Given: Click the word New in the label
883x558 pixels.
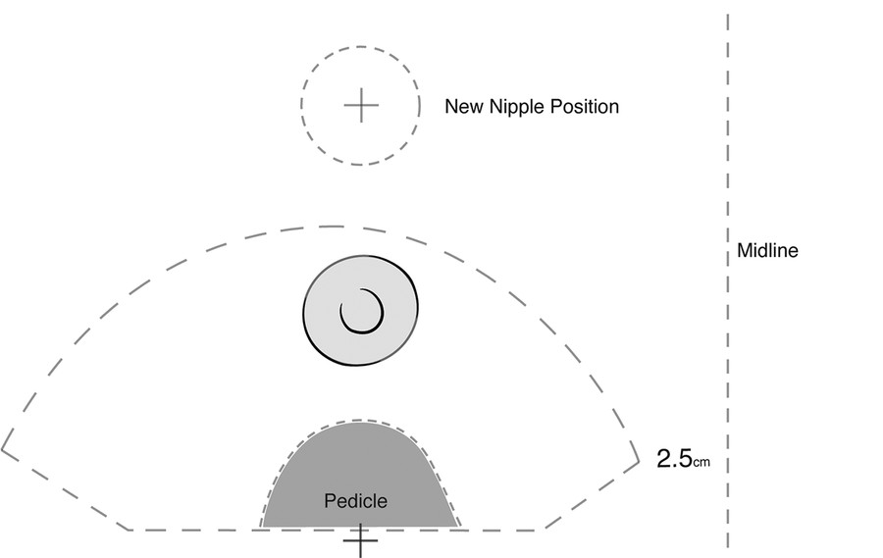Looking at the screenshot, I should tap(463, 106).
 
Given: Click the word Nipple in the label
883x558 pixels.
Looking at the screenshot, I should tap(513, 106).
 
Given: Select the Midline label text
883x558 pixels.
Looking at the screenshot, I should tap(767, 251).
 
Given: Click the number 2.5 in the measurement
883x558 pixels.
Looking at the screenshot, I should tap(674, 456).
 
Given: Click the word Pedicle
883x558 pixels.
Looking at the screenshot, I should tap(355, 501).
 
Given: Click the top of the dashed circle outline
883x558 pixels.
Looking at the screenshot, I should tap(360, 46).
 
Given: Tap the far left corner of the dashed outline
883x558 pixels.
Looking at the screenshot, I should tap(4, 446).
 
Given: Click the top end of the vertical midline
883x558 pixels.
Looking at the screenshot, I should tap(728, 14).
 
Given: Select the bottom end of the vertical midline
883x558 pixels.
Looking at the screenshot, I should tap(728, 547).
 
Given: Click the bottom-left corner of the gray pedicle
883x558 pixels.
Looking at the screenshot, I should tap(261, 527).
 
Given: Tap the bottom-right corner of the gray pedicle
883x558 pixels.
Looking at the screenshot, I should tap(461, 527).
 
